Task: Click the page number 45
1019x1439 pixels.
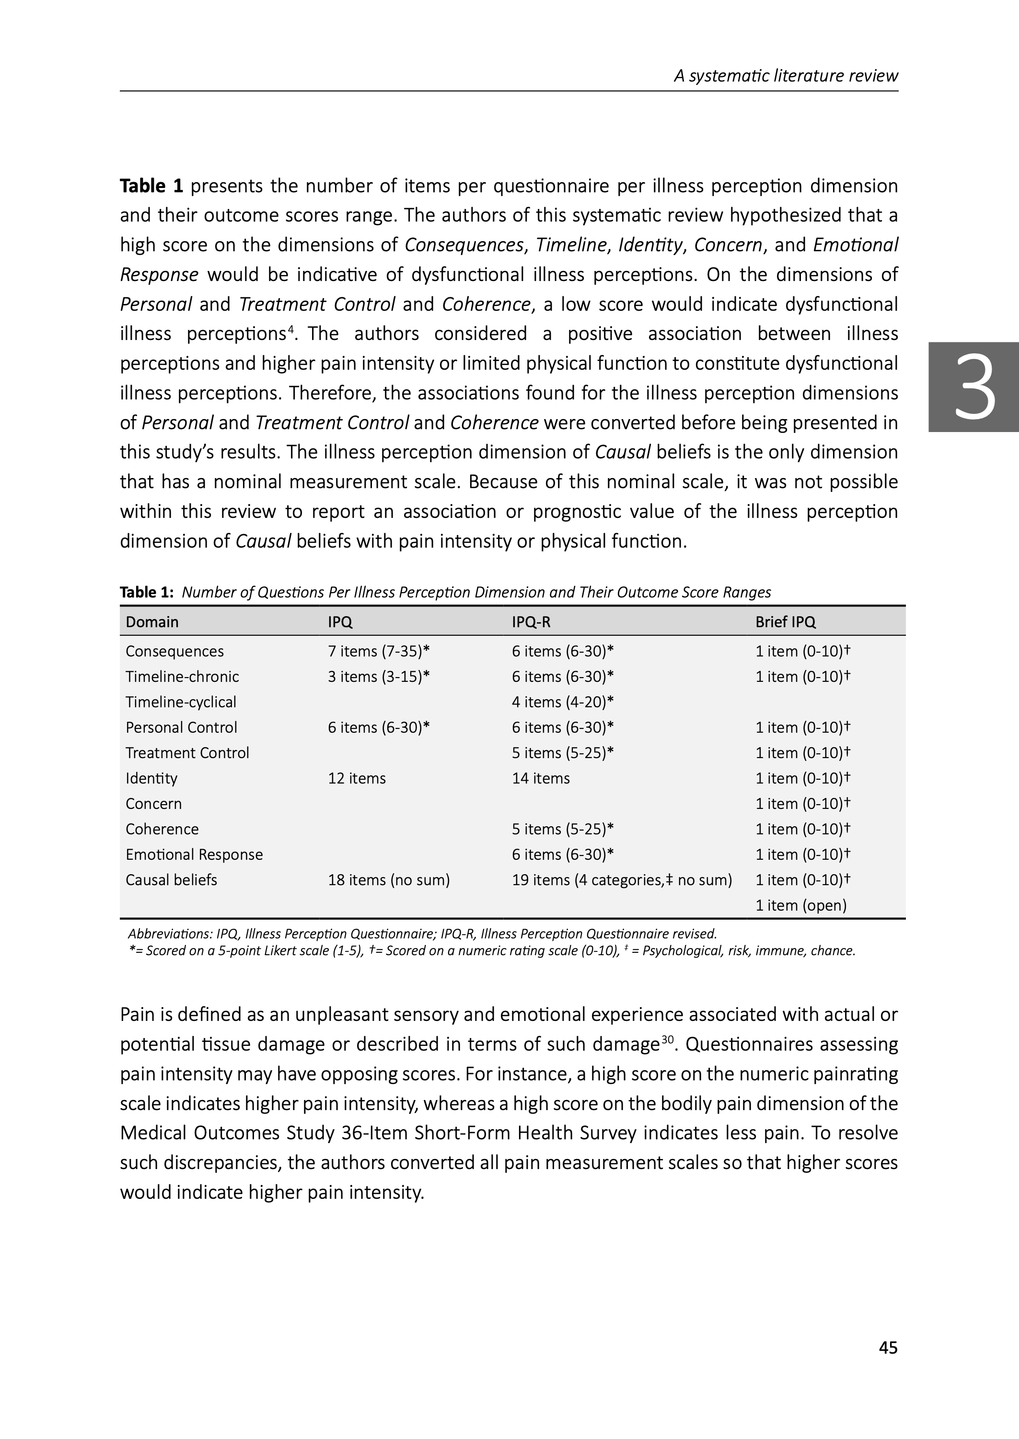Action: click(x=888, y=1347)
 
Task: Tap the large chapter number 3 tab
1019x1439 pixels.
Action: click(x=974, y=387)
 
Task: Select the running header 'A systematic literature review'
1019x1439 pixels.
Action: click(x=786, y=76)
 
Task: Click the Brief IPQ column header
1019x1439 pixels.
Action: click(x=785, y=622)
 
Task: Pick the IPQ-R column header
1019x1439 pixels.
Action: click(x=531, y=622)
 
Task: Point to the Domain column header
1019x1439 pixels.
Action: click(x=152, y=622)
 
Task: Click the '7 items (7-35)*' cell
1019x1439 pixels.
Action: click(x=378, y=651)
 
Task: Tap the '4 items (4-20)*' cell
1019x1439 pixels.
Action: click(x=562, y=702)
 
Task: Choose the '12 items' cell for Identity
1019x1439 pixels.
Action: click(x=357, y=778)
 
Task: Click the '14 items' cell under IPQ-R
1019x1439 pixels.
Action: click(x=540, y=778)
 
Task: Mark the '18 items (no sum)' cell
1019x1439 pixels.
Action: click(x=388, y=880)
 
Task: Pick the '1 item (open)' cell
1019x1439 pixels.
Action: click(x=800, y=906)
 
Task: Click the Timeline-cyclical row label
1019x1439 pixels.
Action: click(x=181, y=702)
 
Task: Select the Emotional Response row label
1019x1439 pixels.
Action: click(x=194, y=855)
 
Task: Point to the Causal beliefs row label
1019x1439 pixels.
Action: click(x=171, y=880)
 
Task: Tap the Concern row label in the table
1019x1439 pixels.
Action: click(x=154, y=804)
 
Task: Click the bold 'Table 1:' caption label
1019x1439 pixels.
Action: click(x=146, y=592)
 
